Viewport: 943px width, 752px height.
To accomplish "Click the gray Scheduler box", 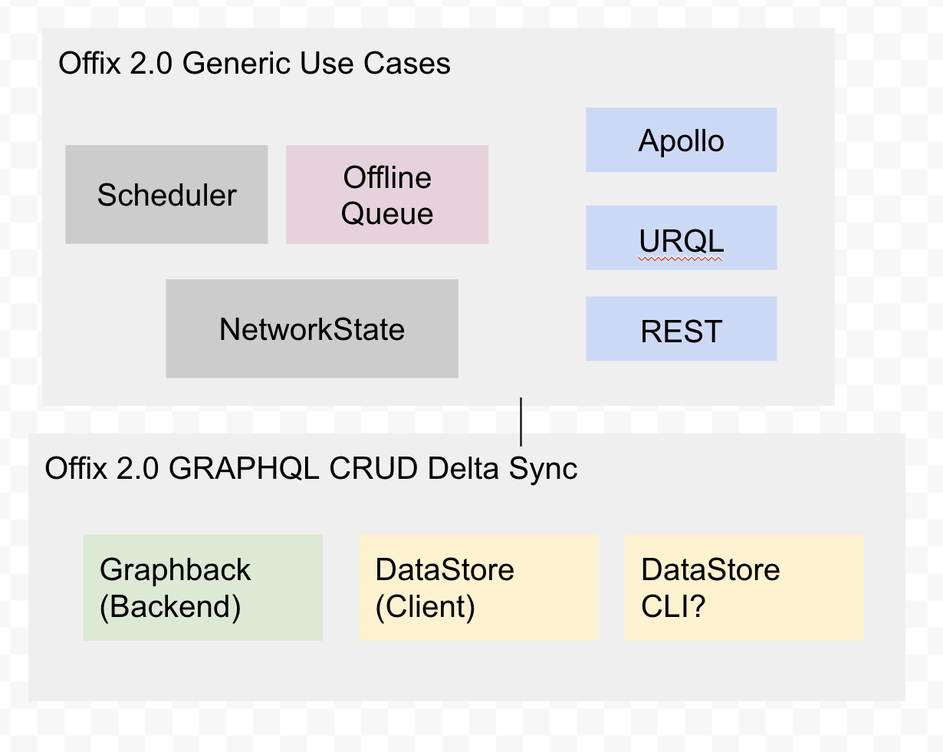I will pos(166,195).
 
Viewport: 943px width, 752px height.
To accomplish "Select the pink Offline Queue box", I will pos(387,195).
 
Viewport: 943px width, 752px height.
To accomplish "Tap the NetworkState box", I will pos(312,329).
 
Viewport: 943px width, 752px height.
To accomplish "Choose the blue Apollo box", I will pos(681,140).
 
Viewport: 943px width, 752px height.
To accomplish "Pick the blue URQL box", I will pos(681,239).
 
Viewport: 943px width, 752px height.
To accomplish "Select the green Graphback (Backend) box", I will pos(202,588).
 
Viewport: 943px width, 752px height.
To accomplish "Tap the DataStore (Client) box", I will pos(478,588).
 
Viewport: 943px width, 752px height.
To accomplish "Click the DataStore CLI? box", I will pos(744,588).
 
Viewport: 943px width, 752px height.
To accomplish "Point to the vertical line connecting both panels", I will pos(521,421).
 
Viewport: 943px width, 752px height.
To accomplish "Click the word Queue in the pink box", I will pos(387,213).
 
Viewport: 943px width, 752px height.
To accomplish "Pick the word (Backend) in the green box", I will pos(170,607).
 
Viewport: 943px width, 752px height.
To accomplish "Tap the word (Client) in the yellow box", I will pos(425,607).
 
